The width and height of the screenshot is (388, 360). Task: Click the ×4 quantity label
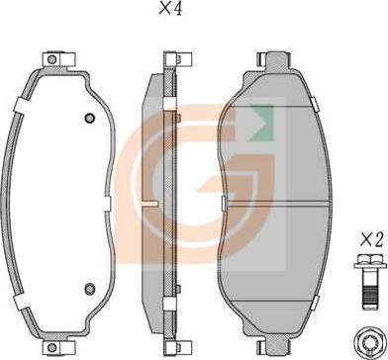(170, 9)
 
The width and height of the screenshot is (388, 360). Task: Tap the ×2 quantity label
(371, 240)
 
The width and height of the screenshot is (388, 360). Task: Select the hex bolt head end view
(370, 341)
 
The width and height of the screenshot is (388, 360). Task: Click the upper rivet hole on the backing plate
(90, 118)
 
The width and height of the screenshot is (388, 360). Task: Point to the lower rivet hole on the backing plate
(90, 289)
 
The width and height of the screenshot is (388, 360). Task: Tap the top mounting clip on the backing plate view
(59, 59)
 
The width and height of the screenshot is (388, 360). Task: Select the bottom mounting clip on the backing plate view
(59, 347)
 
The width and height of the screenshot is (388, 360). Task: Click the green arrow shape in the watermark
(262, 124)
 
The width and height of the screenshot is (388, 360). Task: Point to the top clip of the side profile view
(178, 59)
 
